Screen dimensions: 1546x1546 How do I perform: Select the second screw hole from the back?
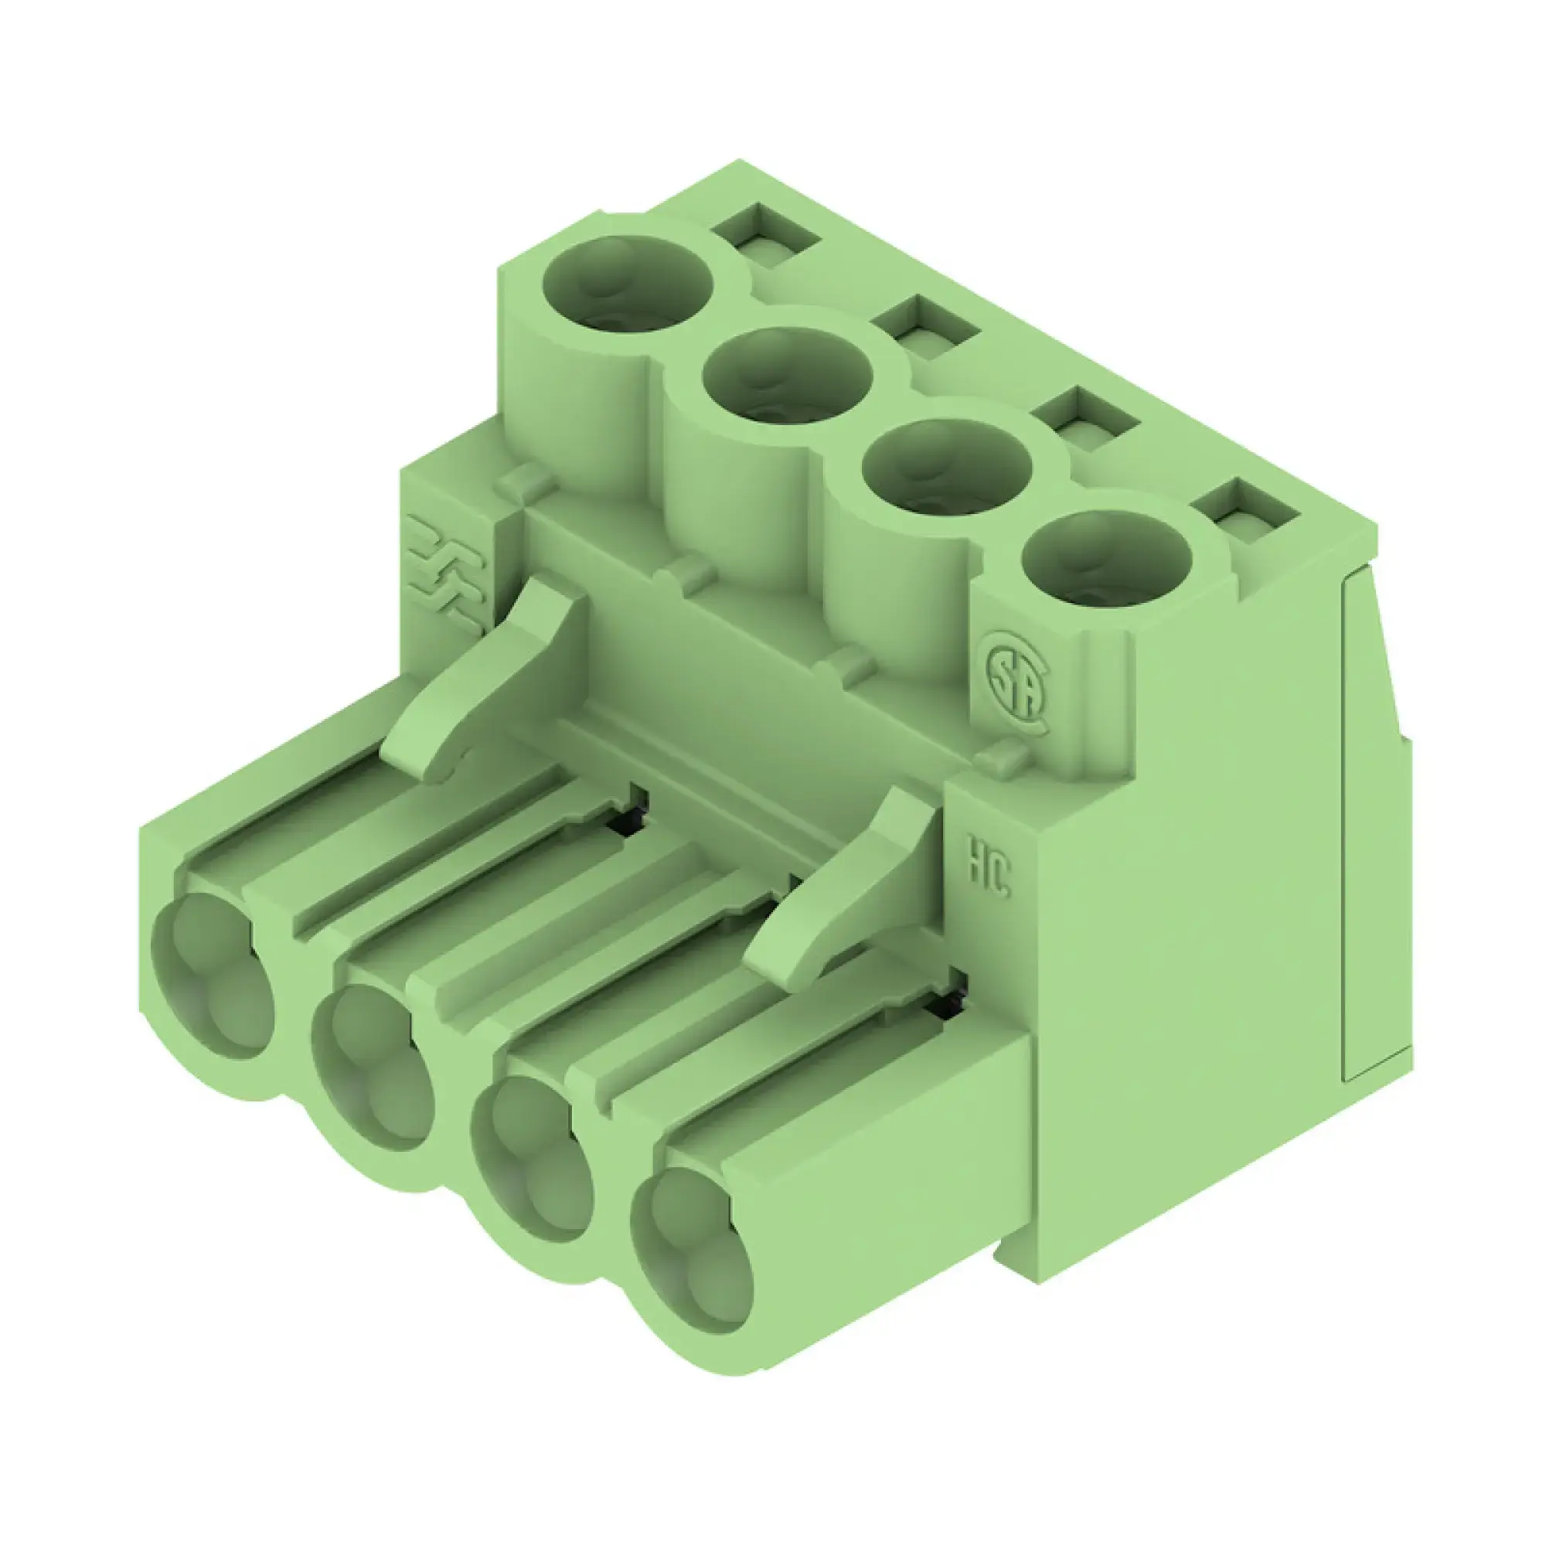coord(788,377)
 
